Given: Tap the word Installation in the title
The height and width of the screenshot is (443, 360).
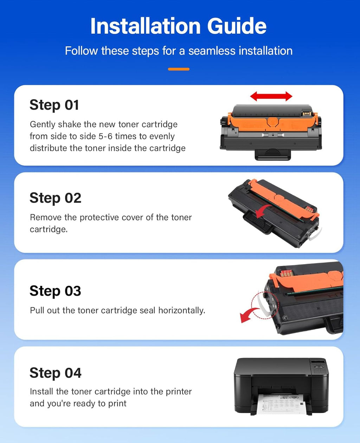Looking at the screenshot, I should coord(146,26).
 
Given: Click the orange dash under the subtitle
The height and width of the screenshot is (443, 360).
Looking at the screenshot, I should coord(179,69).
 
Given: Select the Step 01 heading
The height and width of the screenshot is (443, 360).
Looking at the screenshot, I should coord(54,105).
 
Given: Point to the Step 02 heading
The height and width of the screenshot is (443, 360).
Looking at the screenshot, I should coord(55,198).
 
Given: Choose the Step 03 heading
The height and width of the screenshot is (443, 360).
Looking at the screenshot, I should coord(55,291).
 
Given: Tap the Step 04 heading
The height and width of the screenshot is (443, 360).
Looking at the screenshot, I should coord(55,373).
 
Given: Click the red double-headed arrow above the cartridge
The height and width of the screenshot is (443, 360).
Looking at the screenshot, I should coord(271,96).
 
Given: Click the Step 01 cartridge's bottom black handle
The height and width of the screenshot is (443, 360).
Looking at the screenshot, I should coord(273,154).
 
